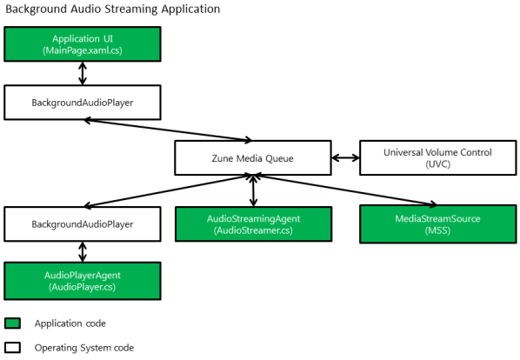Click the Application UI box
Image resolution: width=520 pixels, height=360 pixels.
tap(83, 44)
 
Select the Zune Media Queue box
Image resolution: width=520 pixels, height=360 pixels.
tap(253, 157)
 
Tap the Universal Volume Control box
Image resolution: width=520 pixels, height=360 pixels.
tap(437, 157)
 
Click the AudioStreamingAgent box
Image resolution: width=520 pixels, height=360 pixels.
tap(253, 224)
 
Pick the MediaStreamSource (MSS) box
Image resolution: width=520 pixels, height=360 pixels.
tap(437, 224)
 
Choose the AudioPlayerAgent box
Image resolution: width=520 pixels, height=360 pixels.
tap(83, 281)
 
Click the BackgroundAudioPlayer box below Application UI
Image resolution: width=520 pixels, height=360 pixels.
tap(83, 103)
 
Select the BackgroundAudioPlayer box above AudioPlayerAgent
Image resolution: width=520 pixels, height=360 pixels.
tap(83, 224)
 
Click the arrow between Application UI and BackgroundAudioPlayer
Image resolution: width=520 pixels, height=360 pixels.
tap(83, 73)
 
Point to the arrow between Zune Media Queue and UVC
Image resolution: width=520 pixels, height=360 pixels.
tap(345, 157)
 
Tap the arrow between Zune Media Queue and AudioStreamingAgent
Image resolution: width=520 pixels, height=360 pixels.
tap(253, 191)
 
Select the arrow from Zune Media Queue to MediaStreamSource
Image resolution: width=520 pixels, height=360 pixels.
tap(345, 190)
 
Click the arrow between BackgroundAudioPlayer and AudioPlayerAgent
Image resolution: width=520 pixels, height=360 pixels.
tap(83, 252)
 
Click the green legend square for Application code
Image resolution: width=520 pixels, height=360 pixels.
tap(12, 323)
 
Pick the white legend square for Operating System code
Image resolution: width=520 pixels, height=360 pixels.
tap(12, 348)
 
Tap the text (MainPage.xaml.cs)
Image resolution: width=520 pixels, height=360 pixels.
tap(83, 50)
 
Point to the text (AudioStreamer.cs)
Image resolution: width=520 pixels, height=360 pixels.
tap(253, 230)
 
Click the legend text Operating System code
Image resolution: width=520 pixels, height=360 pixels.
tap(84, 348)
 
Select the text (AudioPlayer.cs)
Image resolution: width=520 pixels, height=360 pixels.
tap(83, 287)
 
